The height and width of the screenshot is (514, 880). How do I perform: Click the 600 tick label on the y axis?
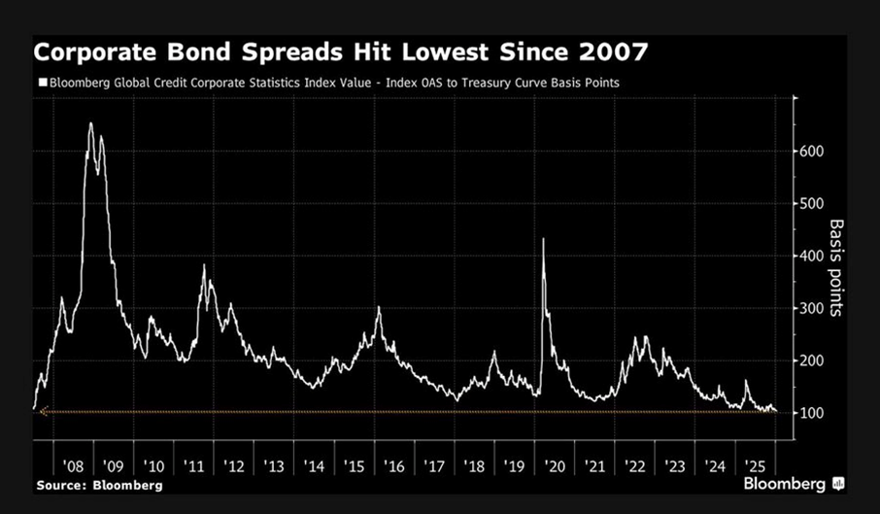(x=812, y=151)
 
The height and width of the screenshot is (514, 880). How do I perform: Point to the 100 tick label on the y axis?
(x=812, y=413)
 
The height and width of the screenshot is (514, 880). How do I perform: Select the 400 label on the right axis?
(x=812, y=256)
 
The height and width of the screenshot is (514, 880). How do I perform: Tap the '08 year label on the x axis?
(x=73, y=466)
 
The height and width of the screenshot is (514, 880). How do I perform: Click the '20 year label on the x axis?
(x=554, y=466)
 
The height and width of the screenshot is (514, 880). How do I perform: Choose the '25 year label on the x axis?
(x=755, y=466)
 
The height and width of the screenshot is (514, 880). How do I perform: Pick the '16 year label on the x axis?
(x=394, y=466)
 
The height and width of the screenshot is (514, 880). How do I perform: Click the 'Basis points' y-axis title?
(x=836, y=267)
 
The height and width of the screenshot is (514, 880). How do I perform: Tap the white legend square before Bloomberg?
(x=43, y=83)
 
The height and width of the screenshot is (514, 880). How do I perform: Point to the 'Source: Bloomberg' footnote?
(x=99, y=486)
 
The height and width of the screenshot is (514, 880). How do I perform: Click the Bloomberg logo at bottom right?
(x=794, y=484)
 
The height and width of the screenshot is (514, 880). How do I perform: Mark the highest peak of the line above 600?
(x=91, y=122)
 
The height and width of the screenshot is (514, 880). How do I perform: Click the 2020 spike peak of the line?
(x=543, y=239)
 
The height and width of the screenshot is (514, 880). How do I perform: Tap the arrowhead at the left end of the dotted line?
(x=44, y=412)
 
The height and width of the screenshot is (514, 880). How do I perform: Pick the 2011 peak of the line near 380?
(x=204, y=265)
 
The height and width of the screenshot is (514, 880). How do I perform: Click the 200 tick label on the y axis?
(x=812, y=360)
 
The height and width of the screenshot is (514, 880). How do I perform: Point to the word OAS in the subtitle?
(x=431, y=83)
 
